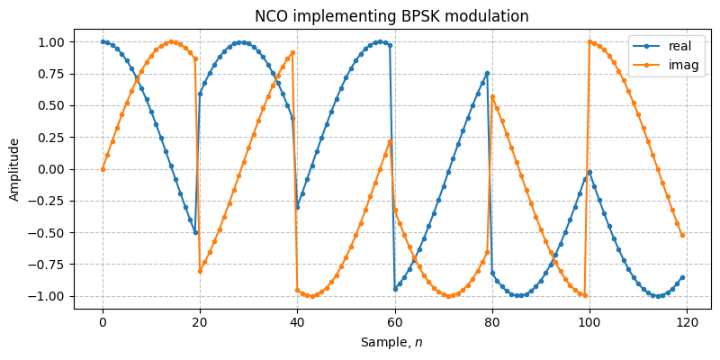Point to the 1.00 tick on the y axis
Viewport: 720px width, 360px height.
(51, 42)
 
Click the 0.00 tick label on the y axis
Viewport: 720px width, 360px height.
(51, 169)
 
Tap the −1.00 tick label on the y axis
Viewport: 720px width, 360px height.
(48, 296)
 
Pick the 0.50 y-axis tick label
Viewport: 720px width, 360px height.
(51, 105)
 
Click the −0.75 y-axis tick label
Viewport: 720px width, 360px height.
(48, 265)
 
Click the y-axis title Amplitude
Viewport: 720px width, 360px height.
(14, 169)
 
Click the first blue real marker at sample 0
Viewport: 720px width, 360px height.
(103, 41)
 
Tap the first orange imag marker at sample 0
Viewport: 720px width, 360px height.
(103, 169)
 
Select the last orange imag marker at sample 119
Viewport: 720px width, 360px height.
(683, 235)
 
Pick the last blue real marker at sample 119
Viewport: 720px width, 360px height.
(683, 277)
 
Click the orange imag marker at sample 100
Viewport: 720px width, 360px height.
(590, 41)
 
